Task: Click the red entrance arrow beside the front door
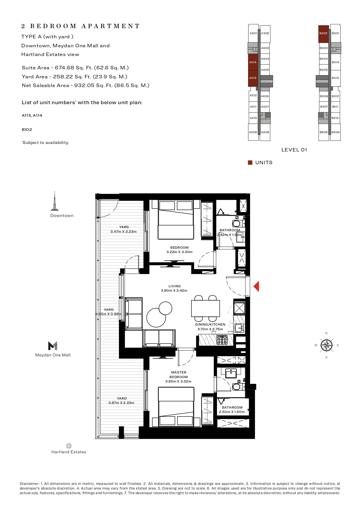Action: (x=256, y=286)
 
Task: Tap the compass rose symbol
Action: (x=327, y=345)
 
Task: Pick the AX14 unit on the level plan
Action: (x=253, y=62)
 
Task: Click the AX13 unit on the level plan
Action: (x=253, y=78)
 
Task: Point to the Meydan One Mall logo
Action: (x=53, y=346)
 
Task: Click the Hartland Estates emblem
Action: (x=69, y=446)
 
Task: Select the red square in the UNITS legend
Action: (x=250, y=163)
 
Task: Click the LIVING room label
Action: (x=174, y=286)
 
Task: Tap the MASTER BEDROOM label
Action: (x=179, y=375)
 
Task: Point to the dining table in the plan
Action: (x=205, y=308)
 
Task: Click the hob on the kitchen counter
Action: (x=222, y=340)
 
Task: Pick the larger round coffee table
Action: (x=156, y=317)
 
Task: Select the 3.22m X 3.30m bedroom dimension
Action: (x=180, y=252)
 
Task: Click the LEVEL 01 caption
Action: (x=294, y=150)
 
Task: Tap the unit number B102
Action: (x=27, y=129)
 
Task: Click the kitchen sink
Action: (x=239, y=328)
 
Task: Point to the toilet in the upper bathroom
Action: (x=237, y=223)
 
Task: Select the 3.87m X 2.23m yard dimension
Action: (x=121, y=403)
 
